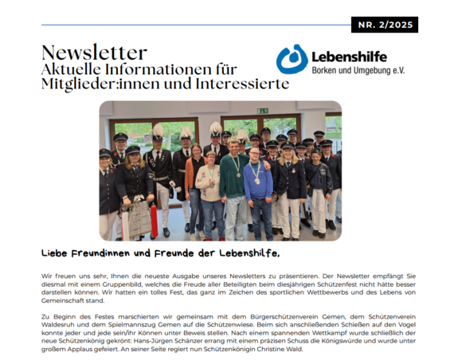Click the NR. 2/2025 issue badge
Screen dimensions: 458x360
[x=384, y=25]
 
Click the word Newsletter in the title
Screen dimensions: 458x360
[x=94, y=53]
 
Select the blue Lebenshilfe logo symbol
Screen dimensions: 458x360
[x=292, y=59]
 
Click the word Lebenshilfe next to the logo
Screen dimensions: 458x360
[x=350, y=57]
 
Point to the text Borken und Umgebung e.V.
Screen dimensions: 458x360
[x=358, y=71]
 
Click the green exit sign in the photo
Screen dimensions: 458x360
[x=262, y=111]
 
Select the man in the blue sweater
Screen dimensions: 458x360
[x=257, y=185]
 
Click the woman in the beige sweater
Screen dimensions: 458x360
[x=209, y=187]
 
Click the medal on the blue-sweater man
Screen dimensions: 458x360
[x=256, y=181]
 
